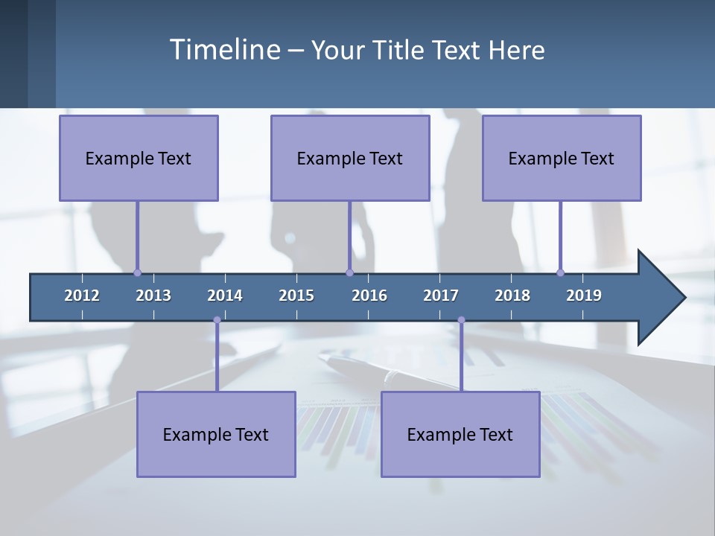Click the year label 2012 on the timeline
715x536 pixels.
tap(82, 296)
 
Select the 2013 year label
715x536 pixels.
tap(153, 296)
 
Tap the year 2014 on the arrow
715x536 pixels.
tap(225, 296)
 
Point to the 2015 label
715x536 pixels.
tap(296, 296)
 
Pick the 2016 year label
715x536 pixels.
tap(369, 296)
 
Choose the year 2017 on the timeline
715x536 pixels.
tap(441, 296)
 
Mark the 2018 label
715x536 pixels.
tap(512, 296)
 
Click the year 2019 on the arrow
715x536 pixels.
tap(584, 296)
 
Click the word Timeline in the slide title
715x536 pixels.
tap(224, 50)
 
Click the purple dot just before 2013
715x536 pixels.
tap(137, 273)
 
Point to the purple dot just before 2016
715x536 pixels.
tap(349, 273)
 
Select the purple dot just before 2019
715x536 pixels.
tap(560, 273)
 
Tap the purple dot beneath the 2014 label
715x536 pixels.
tap(217, 320)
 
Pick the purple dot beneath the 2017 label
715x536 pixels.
tap(461, 320)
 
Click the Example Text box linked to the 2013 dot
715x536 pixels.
tap(139, 159)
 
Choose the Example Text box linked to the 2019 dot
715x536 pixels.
tap(562, 159)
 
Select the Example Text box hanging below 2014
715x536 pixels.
tap(216, 434)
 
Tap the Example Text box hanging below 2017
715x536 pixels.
tap(460, 434)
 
